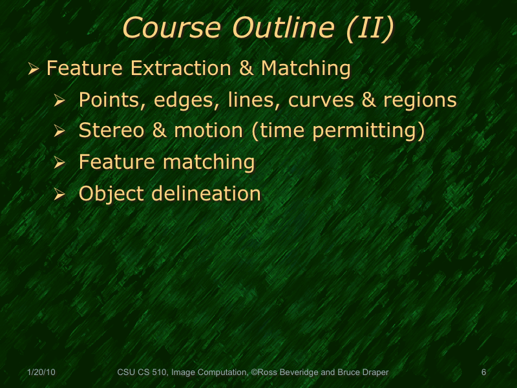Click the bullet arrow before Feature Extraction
pos(34,69)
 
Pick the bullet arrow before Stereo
pos(60,132)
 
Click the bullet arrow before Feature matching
pos(60,163)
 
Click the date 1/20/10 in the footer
pos(42,372)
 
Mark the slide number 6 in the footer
pos(484,372)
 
